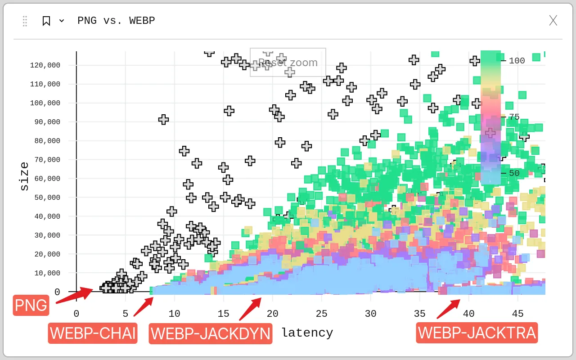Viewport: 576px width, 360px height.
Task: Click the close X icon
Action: (x=553, y=20)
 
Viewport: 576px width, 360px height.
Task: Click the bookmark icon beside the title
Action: (x=46, y=21)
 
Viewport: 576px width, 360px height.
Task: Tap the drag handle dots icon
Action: (x=25, y=21)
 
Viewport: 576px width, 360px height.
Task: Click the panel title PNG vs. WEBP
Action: (x=116, y=21)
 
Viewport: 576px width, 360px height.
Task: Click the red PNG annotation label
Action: (x=31, y=305)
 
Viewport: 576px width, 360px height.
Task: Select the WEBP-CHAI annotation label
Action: (x=93, y=333)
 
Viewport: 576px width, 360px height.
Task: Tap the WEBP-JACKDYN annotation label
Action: (x=211, y=333)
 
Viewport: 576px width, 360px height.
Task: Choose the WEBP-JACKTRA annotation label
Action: (x=477, y=333)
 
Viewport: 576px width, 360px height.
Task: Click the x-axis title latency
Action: (x=307, y=333)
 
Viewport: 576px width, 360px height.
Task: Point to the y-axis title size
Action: (x=24, y=176)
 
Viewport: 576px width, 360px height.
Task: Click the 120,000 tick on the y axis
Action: (x=45, y=65)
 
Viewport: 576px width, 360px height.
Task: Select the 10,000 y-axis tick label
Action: (x=47, y=273)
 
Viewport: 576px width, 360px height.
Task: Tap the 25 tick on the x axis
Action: (x=321, y=314)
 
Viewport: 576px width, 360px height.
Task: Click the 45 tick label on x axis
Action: (x=517, y=314)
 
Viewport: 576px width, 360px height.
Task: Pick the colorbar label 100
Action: (x=517, y=61)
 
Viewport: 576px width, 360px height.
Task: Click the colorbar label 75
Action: (x=514, y=117)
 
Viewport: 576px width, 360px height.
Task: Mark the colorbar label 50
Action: (x=514, y=173)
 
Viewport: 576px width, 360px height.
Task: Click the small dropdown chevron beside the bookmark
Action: (x=62, y=21)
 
